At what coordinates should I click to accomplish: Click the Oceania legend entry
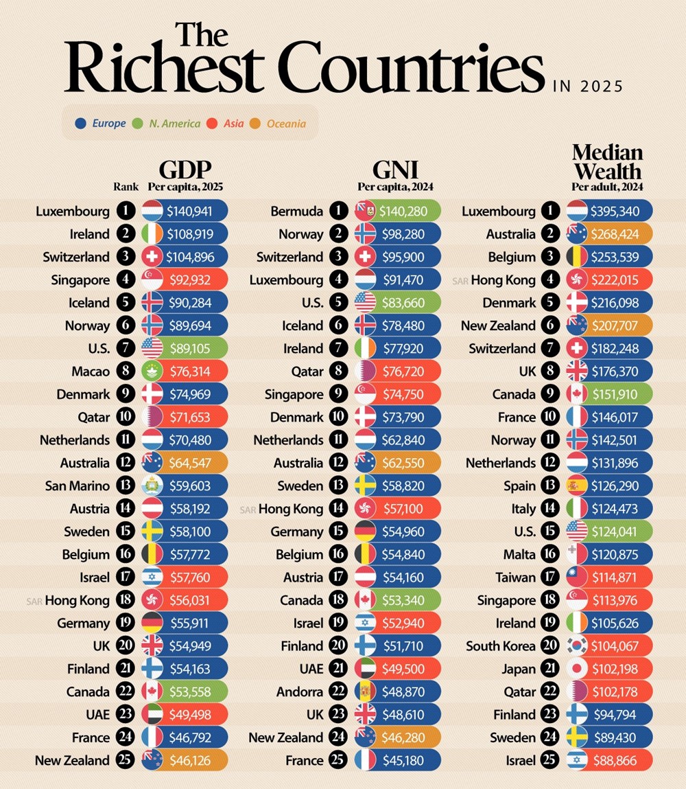click(286, 124)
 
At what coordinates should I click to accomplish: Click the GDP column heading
click(185, 170)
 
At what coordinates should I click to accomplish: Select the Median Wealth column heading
click(607, 161)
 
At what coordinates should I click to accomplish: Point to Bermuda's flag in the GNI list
click(365, 211)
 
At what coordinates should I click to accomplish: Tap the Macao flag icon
click(152, 371)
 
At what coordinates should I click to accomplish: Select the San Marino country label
click(78, 486)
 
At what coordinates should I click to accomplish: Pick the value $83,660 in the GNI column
click(401, 303)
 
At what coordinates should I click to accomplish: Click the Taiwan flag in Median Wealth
click(578, 578)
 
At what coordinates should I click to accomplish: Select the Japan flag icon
click(578, 669)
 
